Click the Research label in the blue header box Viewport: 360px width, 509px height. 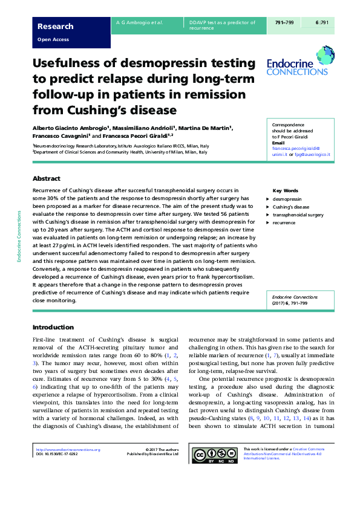tap(56, 26)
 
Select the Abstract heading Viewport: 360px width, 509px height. tap(47, 179)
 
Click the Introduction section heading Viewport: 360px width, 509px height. tap(53, 327)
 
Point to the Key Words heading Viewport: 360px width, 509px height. tap(286, 190)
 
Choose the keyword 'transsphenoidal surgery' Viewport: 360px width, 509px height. tap(298, 215)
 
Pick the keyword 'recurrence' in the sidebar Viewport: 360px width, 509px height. tap(284, 223)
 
